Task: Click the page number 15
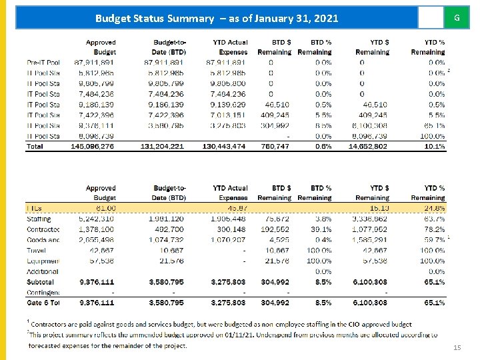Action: pos(456,348)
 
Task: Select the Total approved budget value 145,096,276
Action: pos(93,146)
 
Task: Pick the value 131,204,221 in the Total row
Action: pos(162,146)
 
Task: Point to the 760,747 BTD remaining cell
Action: pos(275,146)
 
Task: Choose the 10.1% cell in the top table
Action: pos(433,146)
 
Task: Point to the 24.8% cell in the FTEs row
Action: pos(433,209)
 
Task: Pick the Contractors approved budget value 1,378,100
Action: pos(96,229)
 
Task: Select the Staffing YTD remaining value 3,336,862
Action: pos(371,219)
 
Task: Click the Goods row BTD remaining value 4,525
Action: pos(279,240)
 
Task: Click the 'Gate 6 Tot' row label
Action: pos(43,303)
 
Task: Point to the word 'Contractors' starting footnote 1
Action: pos(53,323)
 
